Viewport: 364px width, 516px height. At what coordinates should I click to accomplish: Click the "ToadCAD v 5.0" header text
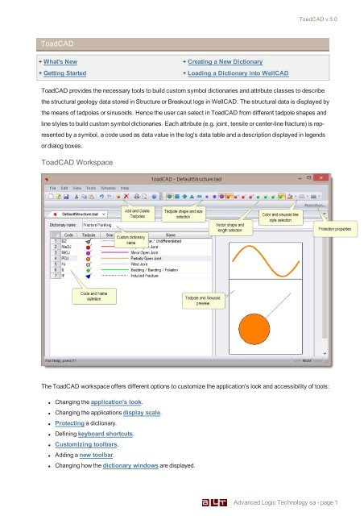[324, 18]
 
